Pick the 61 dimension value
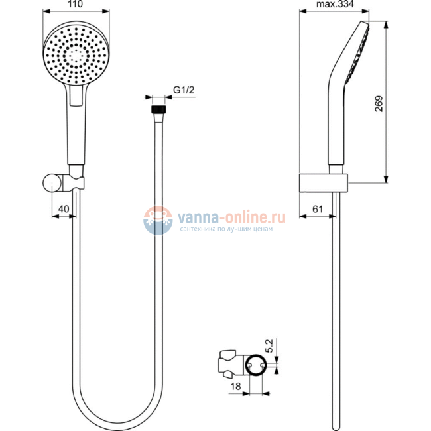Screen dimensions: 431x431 [317, 209]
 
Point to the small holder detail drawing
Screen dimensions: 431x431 [242, 363]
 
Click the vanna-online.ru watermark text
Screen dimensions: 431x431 [229, 217]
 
